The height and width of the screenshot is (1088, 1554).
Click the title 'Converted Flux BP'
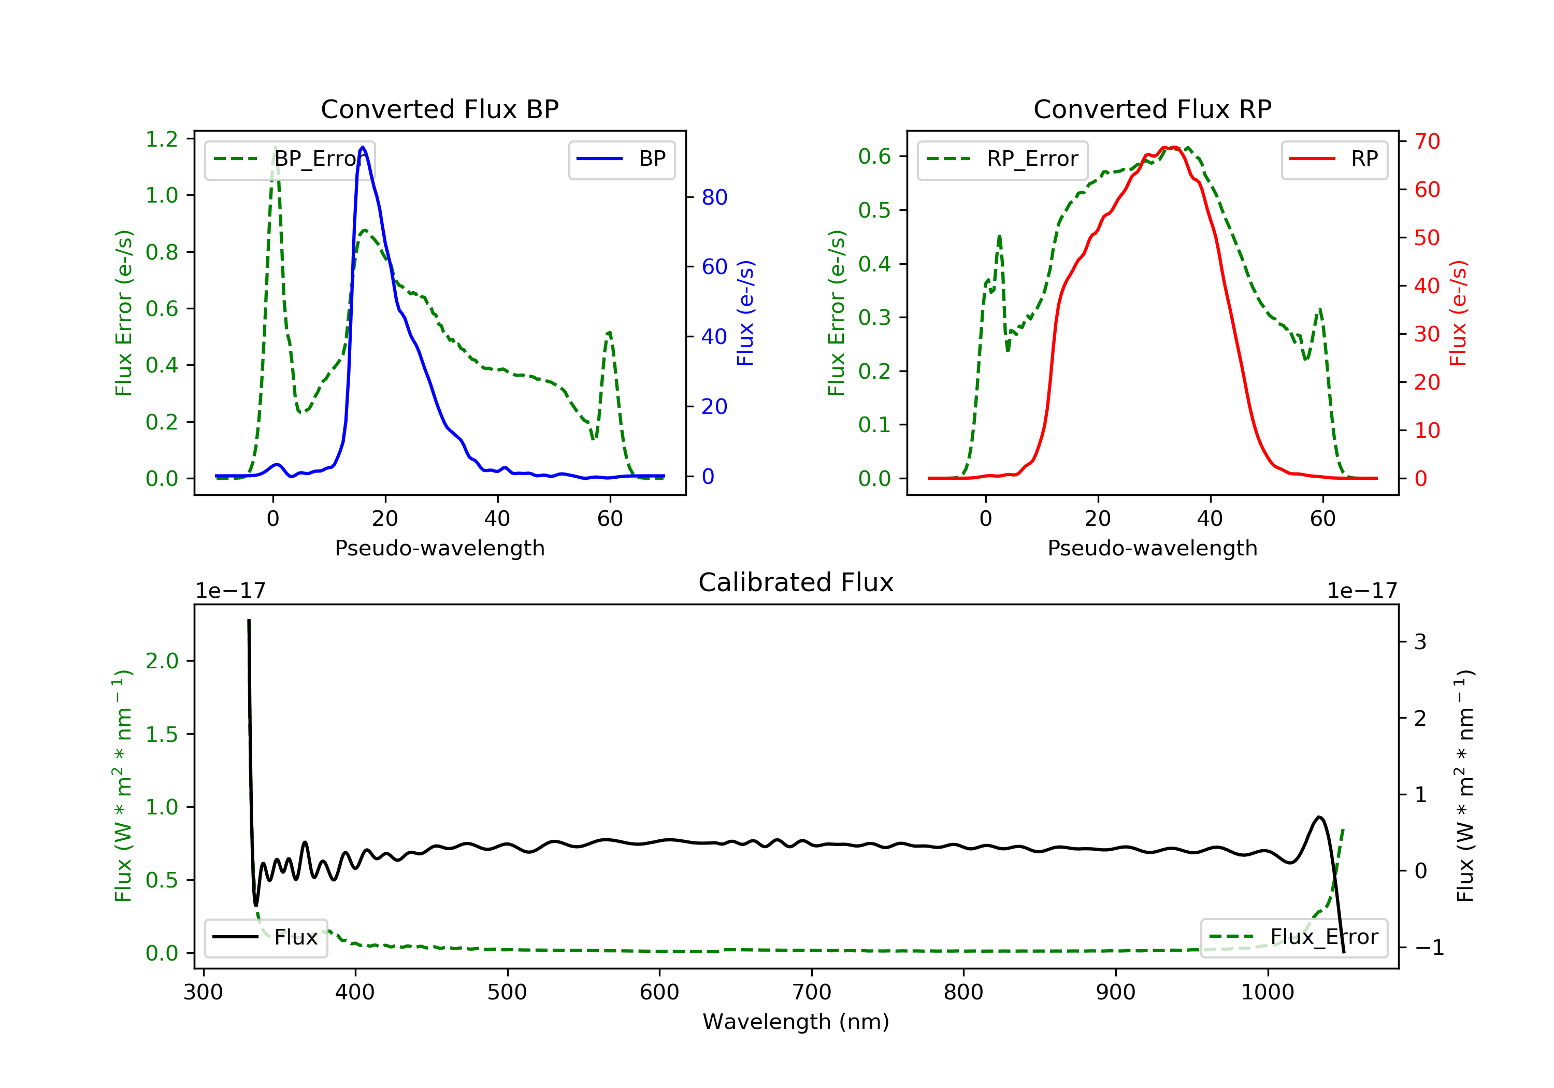[439, 109]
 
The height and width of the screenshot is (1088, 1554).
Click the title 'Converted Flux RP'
[1152, 109]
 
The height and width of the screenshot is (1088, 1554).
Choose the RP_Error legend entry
[1002, 159]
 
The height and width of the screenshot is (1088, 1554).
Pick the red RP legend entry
[1334, 159]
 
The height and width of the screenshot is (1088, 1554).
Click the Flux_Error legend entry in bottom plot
[1293, 937]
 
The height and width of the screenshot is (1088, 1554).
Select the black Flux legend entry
[266, 937]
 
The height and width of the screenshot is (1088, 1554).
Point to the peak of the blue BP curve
[363, 147]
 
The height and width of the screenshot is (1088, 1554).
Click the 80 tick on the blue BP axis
[714, 197]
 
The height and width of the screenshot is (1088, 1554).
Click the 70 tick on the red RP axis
[1427, 141]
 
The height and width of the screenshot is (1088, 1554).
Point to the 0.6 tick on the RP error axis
[874, 156]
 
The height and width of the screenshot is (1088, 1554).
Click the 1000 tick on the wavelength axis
[1267, 993]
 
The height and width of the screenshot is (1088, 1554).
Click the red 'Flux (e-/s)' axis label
[1458, 313]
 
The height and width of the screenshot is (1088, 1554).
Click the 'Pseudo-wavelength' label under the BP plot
[439, 548]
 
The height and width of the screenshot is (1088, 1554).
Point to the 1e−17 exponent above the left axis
[230, 591]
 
